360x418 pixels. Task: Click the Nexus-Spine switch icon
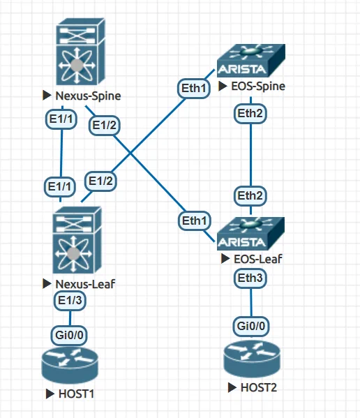click(81, 52)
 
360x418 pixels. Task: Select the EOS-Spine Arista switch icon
click(251, 61)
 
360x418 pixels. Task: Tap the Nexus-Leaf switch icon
click(77, 240)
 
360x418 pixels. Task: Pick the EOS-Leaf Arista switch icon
click(250, 234)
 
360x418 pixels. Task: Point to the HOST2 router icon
click(252, 359)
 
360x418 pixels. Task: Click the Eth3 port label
click(250, 278)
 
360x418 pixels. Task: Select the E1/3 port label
click(70, 301)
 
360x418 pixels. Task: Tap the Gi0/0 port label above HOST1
click(69, 335)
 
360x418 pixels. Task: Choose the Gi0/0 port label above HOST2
click(251, 327)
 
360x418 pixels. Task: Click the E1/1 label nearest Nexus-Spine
click(61, 119)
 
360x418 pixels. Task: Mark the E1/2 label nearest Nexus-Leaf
click(100, 181)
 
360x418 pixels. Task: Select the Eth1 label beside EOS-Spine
click(194, 88)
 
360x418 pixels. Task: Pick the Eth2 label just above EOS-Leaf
click(250, 196)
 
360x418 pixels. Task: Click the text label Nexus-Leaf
click(85, 284)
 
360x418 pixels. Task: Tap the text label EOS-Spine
click(258, 86)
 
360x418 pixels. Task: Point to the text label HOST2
click(259, 387)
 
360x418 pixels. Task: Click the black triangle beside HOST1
click(50, 394)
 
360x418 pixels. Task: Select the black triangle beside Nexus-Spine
click(47, 96)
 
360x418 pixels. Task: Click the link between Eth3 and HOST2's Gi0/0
click(250, 303)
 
